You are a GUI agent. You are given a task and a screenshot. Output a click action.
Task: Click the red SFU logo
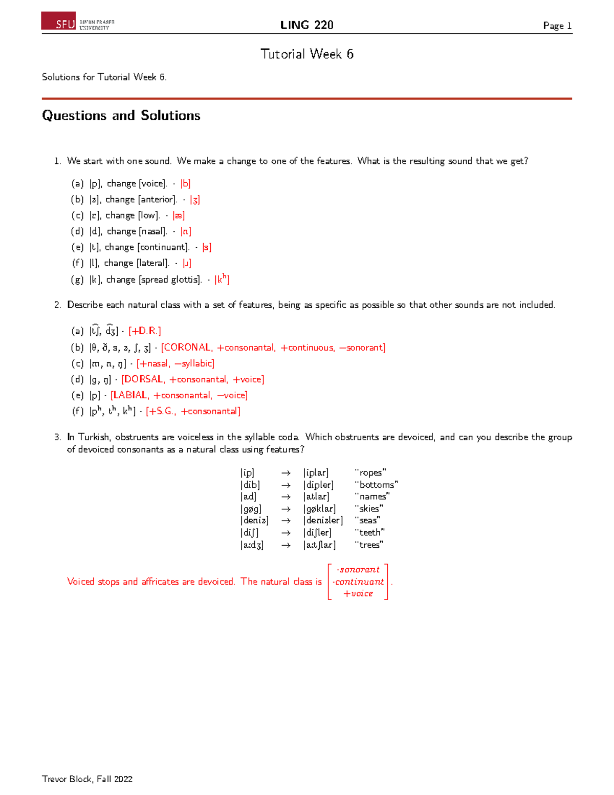59,21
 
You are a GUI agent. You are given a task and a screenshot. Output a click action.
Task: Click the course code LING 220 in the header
306,25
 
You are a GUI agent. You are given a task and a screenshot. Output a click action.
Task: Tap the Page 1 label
557,26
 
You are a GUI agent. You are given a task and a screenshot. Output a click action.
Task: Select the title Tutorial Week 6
306,54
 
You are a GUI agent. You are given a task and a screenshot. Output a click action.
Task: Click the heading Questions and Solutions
121,116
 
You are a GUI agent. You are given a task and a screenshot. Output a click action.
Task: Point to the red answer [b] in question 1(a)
185,184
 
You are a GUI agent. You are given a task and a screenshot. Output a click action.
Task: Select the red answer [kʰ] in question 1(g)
222,280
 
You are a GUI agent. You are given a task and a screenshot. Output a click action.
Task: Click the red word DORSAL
143,379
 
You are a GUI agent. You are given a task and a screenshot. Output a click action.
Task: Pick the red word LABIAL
130,395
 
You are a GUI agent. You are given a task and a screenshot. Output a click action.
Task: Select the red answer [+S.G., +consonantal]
193,411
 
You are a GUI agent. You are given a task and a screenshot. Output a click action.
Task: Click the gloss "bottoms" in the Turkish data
376,485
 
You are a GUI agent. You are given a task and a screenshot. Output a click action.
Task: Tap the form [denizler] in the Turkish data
323,521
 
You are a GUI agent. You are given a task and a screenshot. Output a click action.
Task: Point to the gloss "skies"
368,509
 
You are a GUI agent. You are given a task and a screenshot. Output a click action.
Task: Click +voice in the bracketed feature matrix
358,594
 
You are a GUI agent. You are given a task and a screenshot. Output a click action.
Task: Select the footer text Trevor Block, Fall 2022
87,779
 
